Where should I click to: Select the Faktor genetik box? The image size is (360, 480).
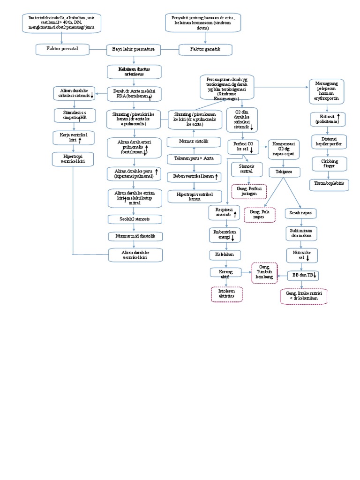click(x=205, y=49)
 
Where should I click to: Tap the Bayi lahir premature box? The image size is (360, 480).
click(x=134, y=49)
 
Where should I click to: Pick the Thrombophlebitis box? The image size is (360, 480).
click(x=329, y=184)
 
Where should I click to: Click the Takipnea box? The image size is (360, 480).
click(x=291, y=172)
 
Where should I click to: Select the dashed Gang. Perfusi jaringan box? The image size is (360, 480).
click(x=249, y=191)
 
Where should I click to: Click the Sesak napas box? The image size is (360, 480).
click(x=301, y=213)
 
